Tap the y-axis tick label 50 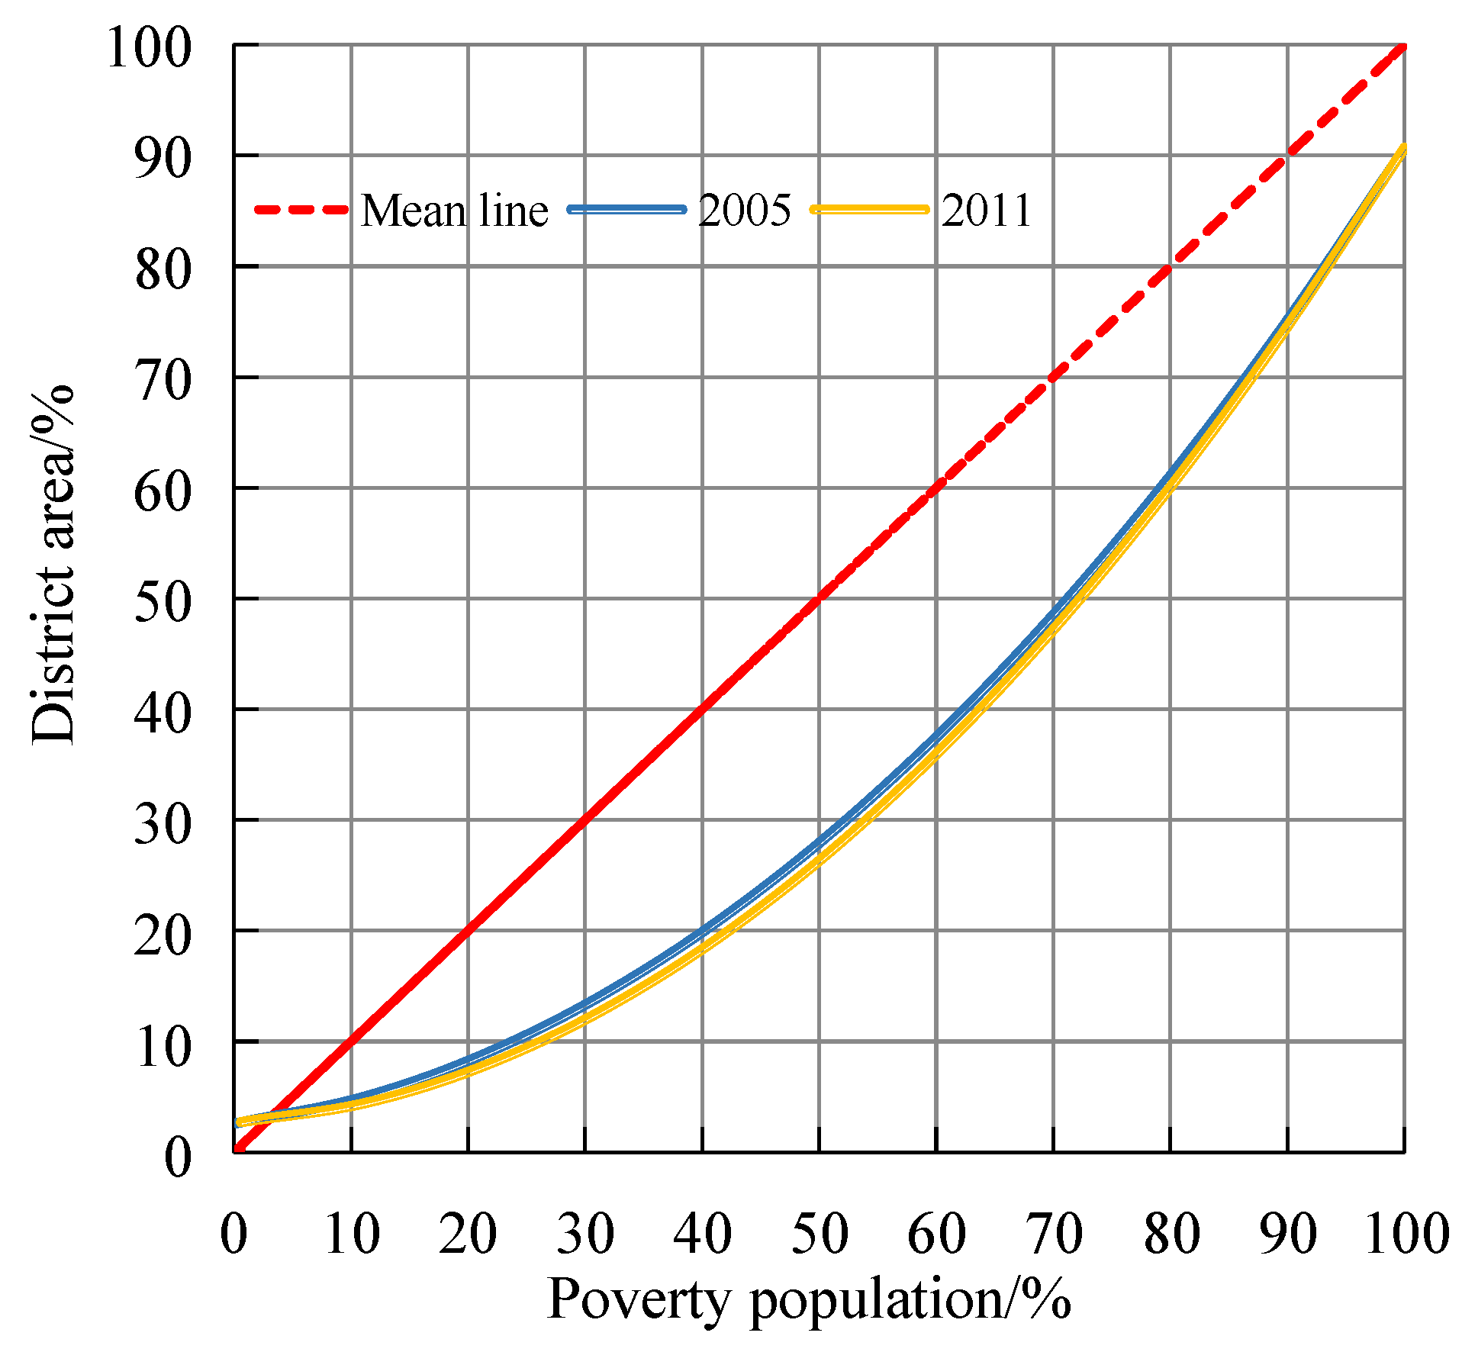162,602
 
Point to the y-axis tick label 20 162,935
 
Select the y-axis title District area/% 53,565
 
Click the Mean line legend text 454,211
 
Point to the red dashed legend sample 301,209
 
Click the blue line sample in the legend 627,209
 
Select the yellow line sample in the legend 870,209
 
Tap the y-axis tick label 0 177,1157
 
